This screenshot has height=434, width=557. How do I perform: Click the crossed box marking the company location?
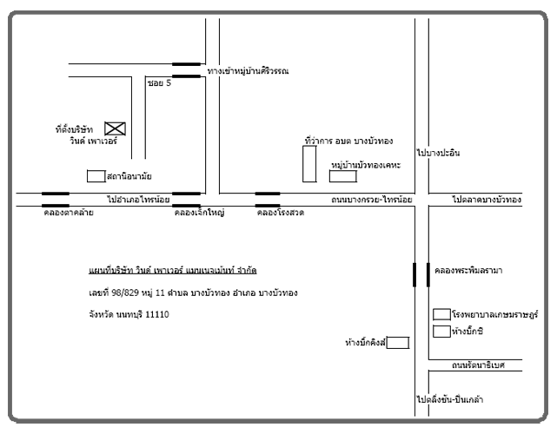[x=115, y=129]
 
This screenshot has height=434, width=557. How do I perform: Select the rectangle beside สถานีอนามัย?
[x=96, y=176]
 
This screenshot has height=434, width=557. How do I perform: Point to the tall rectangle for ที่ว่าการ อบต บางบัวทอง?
[x=309, y=164]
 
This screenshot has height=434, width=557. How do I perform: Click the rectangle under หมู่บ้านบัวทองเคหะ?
[x=342, y=176]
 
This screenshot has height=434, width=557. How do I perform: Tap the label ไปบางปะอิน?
[x=438, y=153]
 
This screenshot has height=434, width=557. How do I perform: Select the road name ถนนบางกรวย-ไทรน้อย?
[x=371, y=201]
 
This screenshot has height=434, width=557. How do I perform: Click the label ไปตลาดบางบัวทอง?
[x=487, y=201]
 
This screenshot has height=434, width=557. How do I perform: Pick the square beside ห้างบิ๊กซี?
[x=441, y=330]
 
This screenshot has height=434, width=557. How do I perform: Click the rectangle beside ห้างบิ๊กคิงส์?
[x=397, y=343]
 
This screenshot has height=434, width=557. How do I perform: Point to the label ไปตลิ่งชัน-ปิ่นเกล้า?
[x=450, y=400]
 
